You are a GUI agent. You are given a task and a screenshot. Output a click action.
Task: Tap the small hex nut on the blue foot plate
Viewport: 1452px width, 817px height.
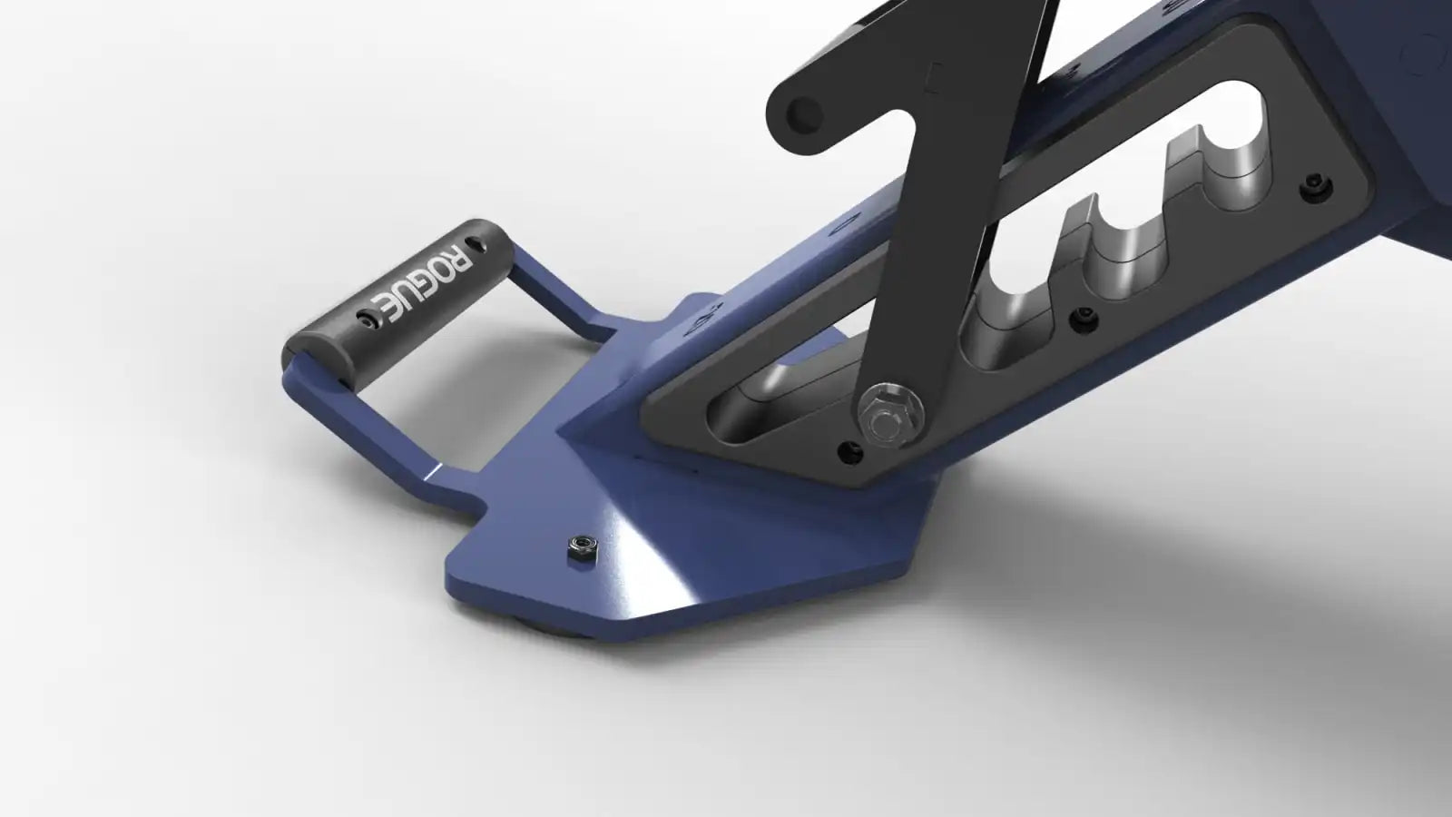point(582,548)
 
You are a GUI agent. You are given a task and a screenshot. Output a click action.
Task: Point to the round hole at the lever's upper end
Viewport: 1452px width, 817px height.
point(804,115)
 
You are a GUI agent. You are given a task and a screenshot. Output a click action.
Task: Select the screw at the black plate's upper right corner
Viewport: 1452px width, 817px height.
point(1317,186)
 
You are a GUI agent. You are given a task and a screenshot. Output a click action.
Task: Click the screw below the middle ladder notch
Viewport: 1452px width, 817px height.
point(1084,319)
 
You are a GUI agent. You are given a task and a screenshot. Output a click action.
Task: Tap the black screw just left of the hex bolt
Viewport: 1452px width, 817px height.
point(849,452)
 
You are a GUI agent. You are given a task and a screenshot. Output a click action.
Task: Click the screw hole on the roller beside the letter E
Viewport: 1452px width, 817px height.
point(367,319)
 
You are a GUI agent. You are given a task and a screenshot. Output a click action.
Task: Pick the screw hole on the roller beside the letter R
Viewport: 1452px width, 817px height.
point(477,244)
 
